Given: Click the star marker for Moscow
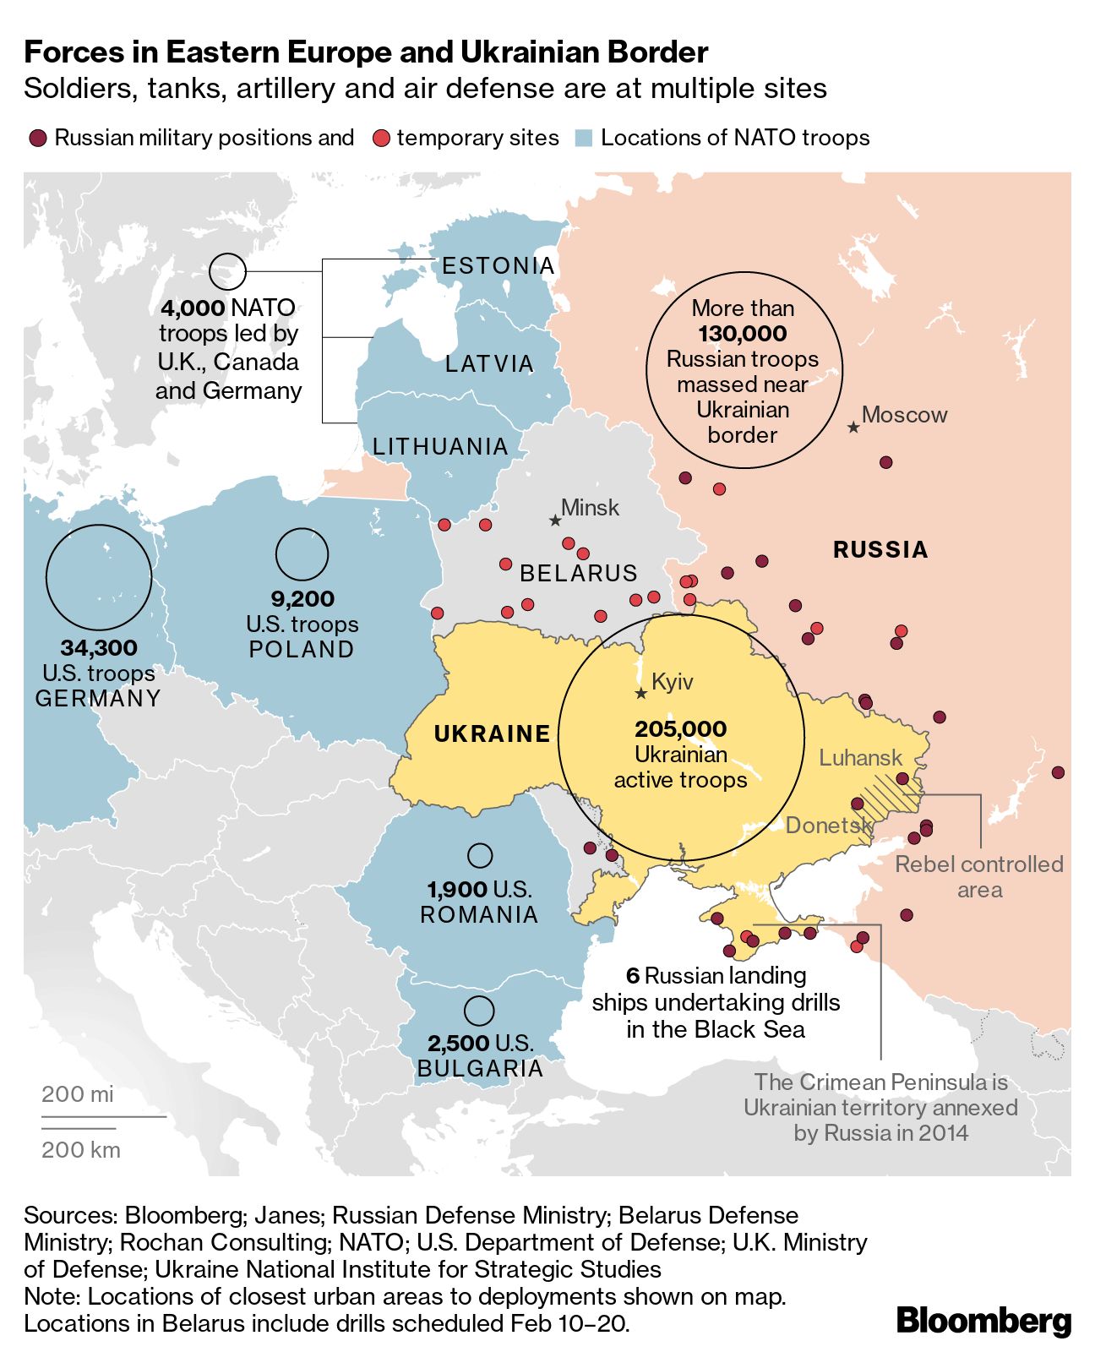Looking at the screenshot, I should [853, 428].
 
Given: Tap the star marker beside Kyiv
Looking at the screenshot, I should [641, 694].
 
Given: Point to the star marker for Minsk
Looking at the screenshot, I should [555, 521].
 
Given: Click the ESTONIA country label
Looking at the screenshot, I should [498, 266].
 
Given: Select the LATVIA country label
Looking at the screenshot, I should [490, 364].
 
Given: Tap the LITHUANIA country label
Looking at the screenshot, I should [440, 446].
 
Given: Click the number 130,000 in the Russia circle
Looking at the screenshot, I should [743, 334].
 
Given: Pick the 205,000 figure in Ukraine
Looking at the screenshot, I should [681, 728].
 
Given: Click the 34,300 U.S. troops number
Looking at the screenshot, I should [99, 648].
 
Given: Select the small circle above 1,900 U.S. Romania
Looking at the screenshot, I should [480, 856].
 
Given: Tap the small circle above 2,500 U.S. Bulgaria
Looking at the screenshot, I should [479, 1011].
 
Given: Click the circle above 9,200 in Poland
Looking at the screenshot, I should [302, 554].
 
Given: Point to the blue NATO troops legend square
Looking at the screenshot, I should [583, 139].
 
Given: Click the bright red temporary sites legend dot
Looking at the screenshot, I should [381, 139].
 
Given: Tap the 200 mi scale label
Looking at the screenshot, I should [77, 1094].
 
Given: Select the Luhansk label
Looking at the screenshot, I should [860, 758].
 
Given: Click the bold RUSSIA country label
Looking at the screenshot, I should [880, 550].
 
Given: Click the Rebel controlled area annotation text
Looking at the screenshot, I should [978, 876].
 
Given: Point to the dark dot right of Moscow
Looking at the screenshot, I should [885, 462].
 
